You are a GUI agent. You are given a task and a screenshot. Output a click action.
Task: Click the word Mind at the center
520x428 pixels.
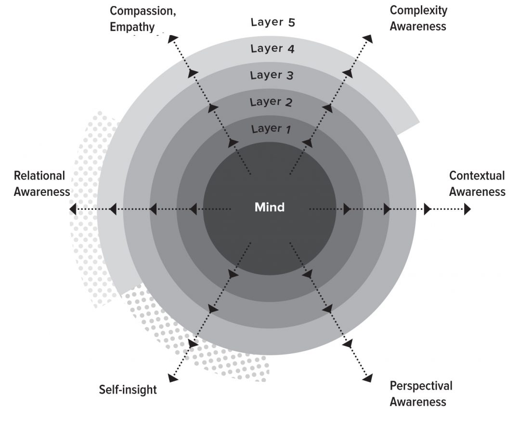pyautogui.click(x=270, y=208)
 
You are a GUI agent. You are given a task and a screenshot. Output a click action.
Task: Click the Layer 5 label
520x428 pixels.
pyautogui.click(x=273, y=22)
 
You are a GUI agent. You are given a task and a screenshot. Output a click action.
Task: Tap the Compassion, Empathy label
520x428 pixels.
pyautogui.click(x=143, y=19)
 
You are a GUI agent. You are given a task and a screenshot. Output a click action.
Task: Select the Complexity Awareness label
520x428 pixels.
pyautogui.click(x=418, y=18)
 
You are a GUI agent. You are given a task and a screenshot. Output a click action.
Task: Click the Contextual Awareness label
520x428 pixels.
pyautogui.click(x=477, y=183)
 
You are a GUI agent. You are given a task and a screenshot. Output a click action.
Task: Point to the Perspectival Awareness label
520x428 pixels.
pyautogui.click(x=421, y=393)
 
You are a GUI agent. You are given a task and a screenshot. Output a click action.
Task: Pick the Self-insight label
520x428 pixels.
pyautogui.click(x=128, y=389)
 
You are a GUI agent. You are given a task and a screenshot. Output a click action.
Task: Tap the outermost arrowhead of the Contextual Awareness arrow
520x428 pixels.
pyautogui.click(x=467, y=209)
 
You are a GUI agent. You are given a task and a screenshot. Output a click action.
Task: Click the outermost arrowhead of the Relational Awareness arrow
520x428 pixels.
pyautogui.click(x=73, y=209)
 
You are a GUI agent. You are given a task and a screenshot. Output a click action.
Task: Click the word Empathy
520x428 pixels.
pyautogui.click(x=132, y=26)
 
